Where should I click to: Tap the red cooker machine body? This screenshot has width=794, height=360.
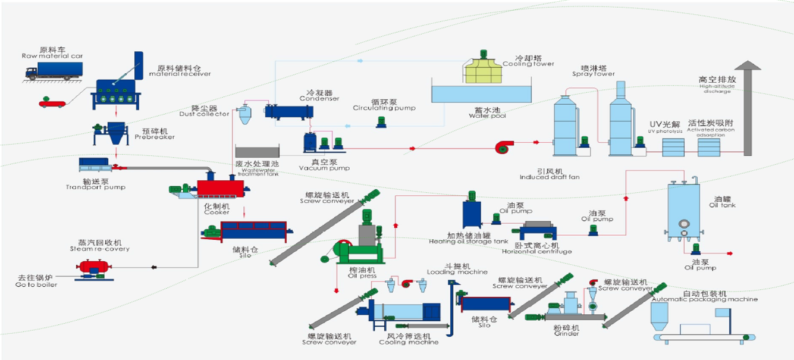click(x=219, y=187)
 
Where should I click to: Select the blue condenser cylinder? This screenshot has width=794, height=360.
click(x=290, y=111)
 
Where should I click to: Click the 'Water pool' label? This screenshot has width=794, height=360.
click(x=487, y=116)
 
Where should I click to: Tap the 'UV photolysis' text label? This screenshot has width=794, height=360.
click(x=665, y=131)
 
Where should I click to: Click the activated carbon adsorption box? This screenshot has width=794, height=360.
click(x=709, y=146)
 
